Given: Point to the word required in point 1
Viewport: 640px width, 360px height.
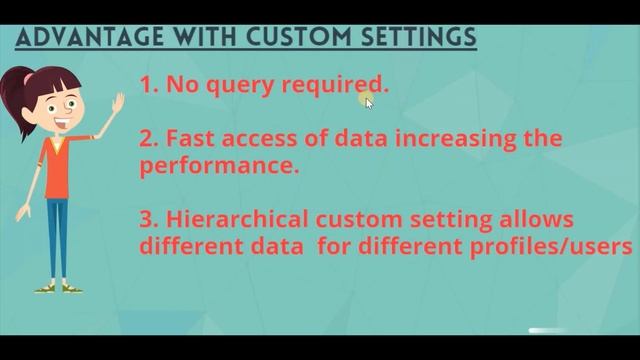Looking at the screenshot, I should (x=334, y=86).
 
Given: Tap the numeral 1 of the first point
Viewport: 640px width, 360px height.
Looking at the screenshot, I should (x=147, y=86).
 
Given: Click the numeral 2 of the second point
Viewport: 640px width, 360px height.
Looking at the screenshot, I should (x=147, y=138).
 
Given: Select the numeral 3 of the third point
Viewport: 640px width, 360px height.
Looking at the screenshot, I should (x=147, y=219).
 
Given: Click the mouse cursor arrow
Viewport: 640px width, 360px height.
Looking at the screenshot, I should (x=369, y=101).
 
